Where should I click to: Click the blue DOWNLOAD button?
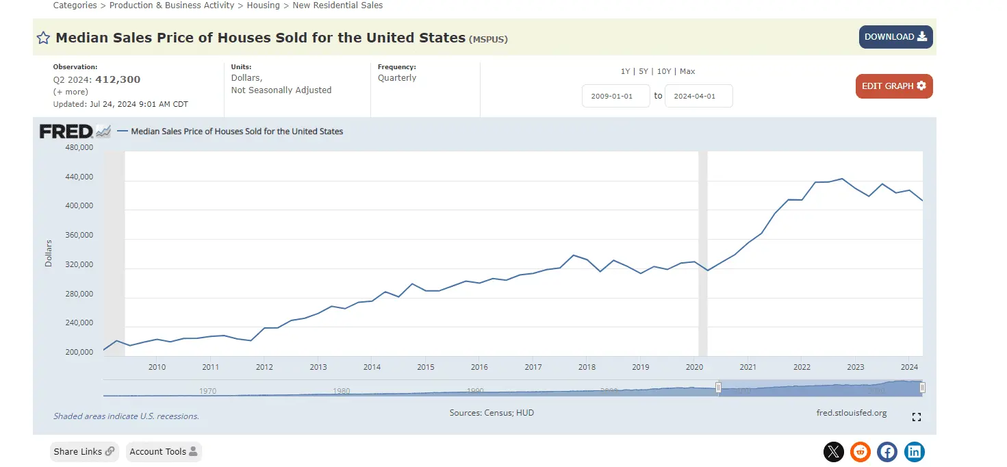click(x=895, y=37)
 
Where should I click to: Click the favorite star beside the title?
click(x=43, y=38)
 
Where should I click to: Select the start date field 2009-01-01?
click(x=615, y=97)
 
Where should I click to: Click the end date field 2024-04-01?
click(x=698, y=97)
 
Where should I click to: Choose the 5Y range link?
click(x=643, y=71)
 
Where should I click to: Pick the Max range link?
click(x=687, y=71)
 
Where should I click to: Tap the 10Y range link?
click(x=664, y=71)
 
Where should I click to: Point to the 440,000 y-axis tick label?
click(x=79, y=177)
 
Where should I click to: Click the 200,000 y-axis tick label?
click(x=79, y=353)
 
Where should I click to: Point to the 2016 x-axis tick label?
click(x=479, y=368)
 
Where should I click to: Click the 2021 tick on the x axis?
click(x=748, y=368)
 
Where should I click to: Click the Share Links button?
click(x=84, y=452)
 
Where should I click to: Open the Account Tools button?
click(x=163, y=452)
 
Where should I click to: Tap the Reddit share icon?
click(x=860, y=452)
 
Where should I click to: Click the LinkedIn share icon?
click(x=915, y=452)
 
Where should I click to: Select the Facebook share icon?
click(x=887, y=452)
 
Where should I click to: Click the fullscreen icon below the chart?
click(x=917, y=417)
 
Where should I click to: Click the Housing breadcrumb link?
click(x=263, y=5)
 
